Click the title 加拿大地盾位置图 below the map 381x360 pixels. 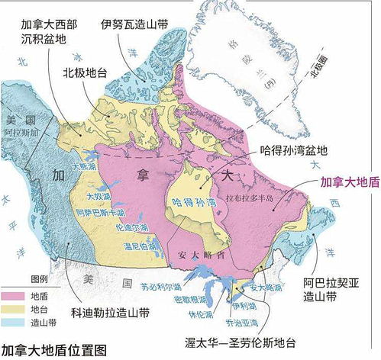tap(54, 350)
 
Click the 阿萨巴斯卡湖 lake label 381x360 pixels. tap(99, 212)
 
